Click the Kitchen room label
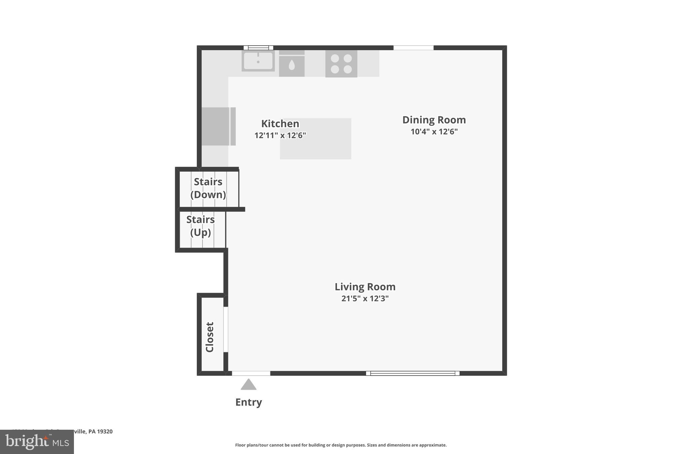click(x=280, y=124)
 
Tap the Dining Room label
click(x=434, y=120)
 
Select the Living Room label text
click(x=365, y=287)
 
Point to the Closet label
click(x=210, y=337)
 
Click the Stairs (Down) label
click(x=208, y=188)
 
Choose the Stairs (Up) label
click(x=200, y=226)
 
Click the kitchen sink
click(x=258, y=61)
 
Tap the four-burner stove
click(x=341, y=64)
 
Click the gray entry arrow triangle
click(x=248, y=385)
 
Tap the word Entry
click(x=248, y=402)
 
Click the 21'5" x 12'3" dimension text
click(x=365, y=298)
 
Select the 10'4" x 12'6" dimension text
click(x=434, y=132)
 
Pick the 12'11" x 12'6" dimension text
click(x=280, y=135)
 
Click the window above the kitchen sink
click(x=258, y=48)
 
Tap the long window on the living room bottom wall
click(x=413, y=373)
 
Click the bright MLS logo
click(x=37, y=442)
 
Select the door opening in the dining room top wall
click(x=414, y=48)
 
